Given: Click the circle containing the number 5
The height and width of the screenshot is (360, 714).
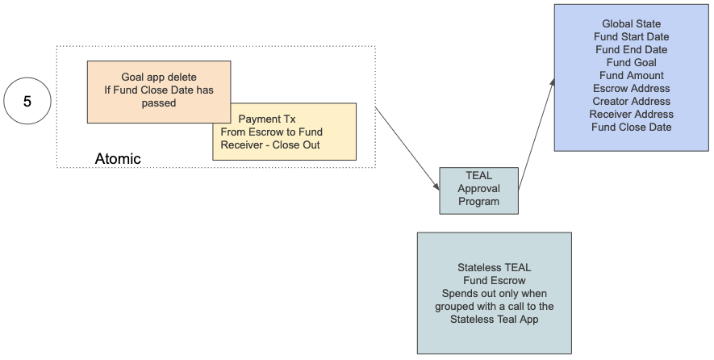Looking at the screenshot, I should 27,102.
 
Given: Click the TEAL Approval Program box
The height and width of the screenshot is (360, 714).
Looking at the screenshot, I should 478,189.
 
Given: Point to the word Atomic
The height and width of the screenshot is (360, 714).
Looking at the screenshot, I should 118,159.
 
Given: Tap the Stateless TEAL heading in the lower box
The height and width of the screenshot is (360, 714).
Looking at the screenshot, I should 494,267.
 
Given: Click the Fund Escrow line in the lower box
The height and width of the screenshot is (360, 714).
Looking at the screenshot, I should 494,280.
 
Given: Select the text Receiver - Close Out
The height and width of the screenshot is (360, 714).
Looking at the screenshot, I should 270,145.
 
